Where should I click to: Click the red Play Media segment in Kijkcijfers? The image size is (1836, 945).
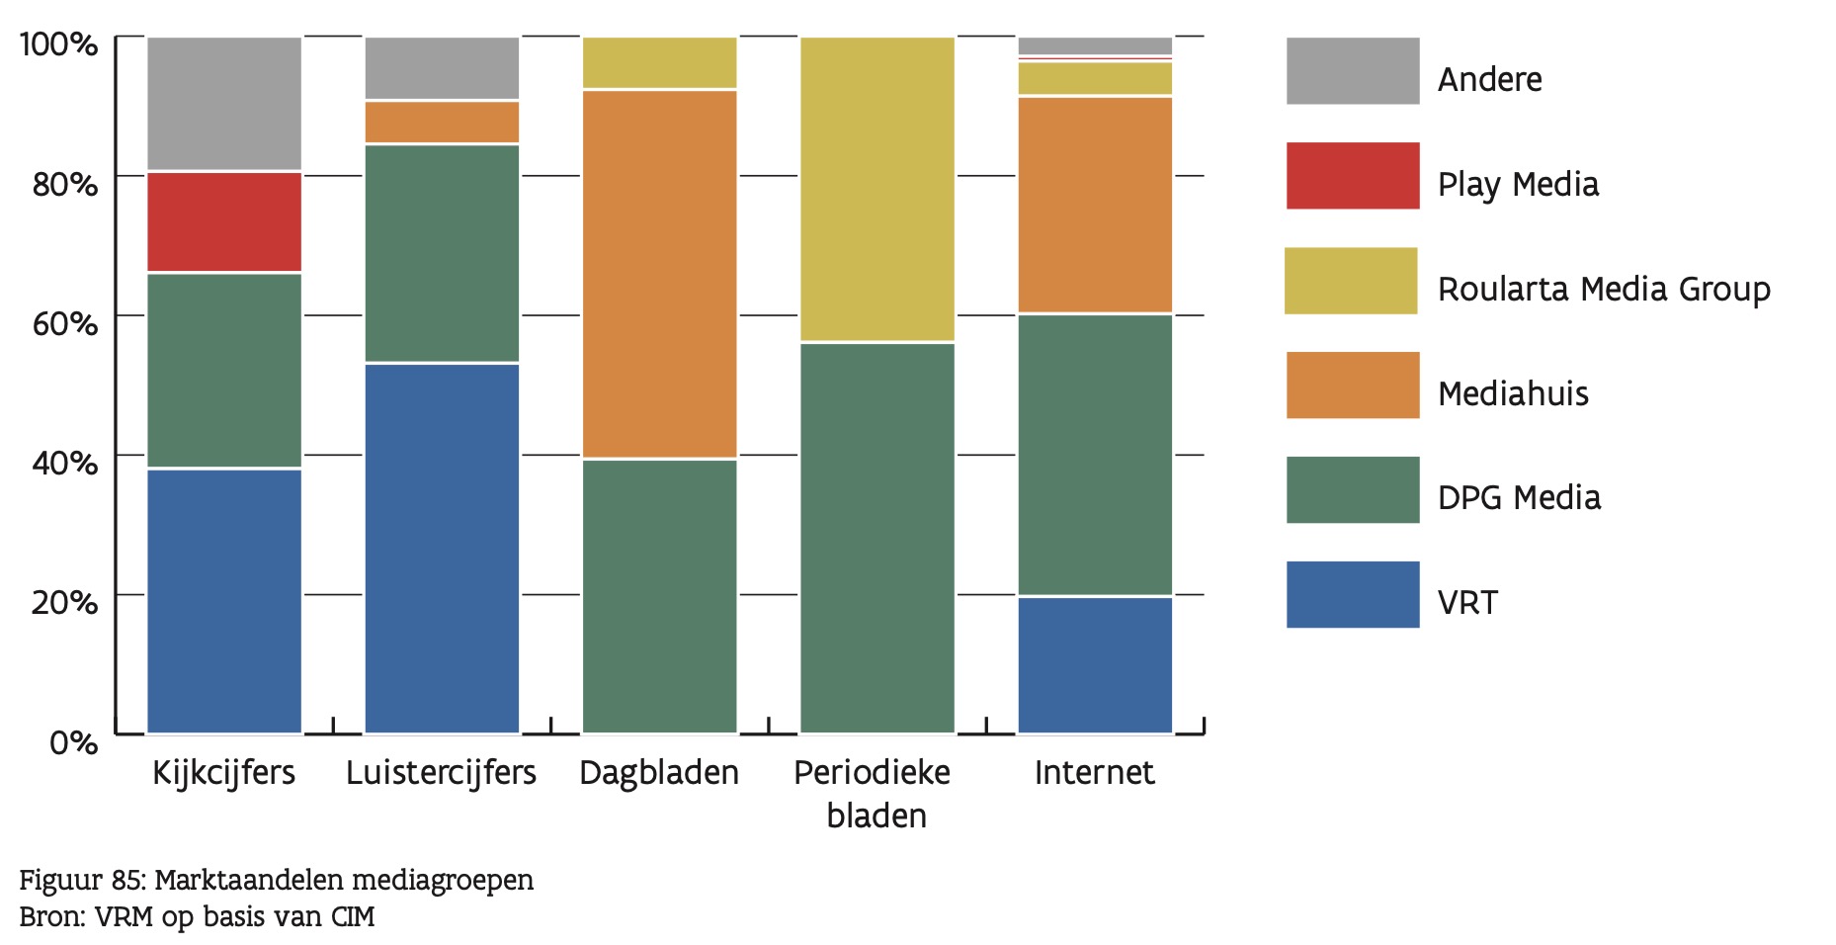(224, 221)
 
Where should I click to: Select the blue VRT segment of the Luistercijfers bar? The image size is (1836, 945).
(442, 548)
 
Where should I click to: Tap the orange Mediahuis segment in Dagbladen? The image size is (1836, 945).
(659, 274)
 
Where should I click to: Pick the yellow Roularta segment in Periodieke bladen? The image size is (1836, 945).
(876, 189)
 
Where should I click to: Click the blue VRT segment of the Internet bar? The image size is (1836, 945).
(1095, 664)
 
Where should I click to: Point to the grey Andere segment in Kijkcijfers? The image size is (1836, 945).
(224, 103)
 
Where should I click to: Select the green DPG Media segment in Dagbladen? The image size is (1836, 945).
(659, 596)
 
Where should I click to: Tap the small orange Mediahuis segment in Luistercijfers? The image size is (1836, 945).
(442, 122)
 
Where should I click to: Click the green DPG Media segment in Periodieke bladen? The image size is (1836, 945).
(876, 538)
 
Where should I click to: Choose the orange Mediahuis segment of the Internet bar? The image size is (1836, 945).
(1095, 205)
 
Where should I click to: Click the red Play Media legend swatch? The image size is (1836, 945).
(1352, 176)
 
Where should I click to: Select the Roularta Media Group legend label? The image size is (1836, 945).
(1603, 290)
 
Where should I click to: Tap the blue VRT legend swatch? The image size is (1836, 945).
(1352, 595)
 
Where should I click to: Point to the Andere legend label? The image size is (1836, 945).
(1489, 80)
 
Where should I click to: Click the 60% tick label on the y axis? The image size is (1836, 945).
(64, 323)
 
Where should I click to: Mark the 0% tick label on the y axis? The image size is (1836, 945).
(73, 741)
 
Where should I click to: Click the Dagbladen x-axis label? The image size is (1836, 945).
(659, 773)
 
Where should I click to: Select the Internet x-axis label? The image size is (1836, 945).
(1094, 773)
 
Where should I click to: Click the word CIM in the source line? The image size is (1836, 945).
(353, 917)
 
